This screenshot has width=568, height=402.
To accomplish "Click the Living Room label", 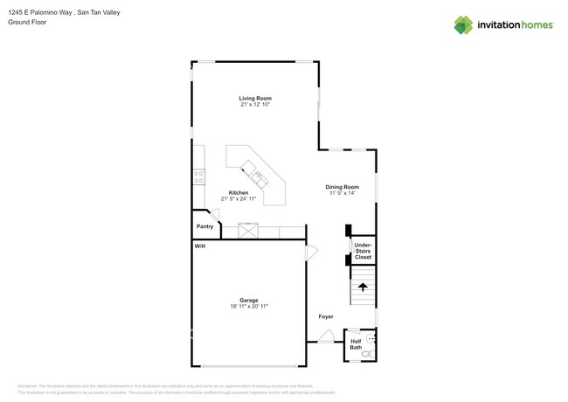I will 255,99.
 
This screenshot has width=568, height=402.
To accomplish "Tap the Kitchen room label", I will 239,193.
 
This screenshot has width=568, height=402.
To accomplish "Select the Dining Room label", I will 343,187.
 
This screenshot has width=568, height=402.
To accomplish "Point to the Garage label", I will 249,301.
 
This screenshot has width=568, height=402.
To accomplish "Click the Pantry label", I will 204,226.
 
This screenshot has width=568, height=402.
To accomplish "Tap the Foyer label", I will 325,316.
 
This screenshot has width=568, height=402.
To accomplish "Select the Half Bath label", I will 356,344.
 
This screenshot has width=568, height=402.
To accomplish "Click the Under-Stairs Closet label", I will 363,252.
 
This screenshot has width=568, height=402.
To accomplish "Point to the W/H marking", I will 200,246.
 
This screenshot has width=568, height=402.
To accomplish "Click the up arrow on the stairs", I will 363,287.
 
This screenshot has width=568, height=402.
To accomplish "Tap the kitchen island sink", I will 259,179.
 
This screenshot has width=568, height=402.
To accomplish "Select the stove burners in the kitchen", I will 199,177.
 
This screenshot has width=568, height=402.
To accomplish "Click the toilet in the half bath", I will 368,354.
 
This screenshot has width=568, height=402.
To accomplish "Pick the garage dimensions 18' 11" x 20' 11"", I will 249,307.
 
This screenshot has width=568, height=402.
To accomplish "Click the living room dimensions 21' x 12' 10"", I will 255,105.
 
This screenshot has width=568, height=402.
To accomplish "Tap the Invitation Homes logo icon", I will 463,25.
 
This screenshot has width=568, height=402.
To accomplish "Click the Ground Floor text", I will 27,22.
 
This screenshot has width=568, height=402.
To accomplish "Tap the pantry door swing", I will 213,215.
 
